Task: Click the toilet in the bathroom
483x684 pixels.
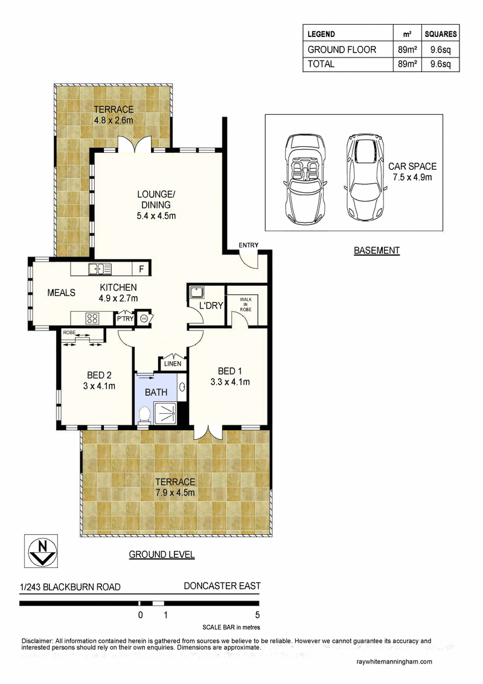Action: click(144, 415)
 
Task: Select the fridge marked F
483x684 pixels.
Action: click(141, 269)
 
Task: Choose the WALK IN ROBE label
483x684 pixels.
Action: click(246, 304)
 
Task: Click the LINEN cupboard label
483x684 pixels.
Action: click(171, 364)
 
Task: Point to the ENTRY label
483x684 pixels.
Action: click(248, 245)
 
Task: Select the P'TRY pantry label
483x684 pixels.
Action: click(125, 318)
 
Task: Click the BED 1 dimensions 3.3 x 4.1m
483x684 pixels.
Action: click(230, 382)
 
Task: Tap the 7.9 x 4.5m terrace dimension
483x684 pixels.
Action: click(175, 492)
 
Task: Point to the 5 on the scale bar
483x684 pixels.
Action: click(257, 616)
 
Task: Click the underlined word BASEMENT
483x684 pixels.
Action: click(377, 250)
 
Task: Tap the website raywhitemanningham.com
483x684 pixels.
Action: click(394, 662)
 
